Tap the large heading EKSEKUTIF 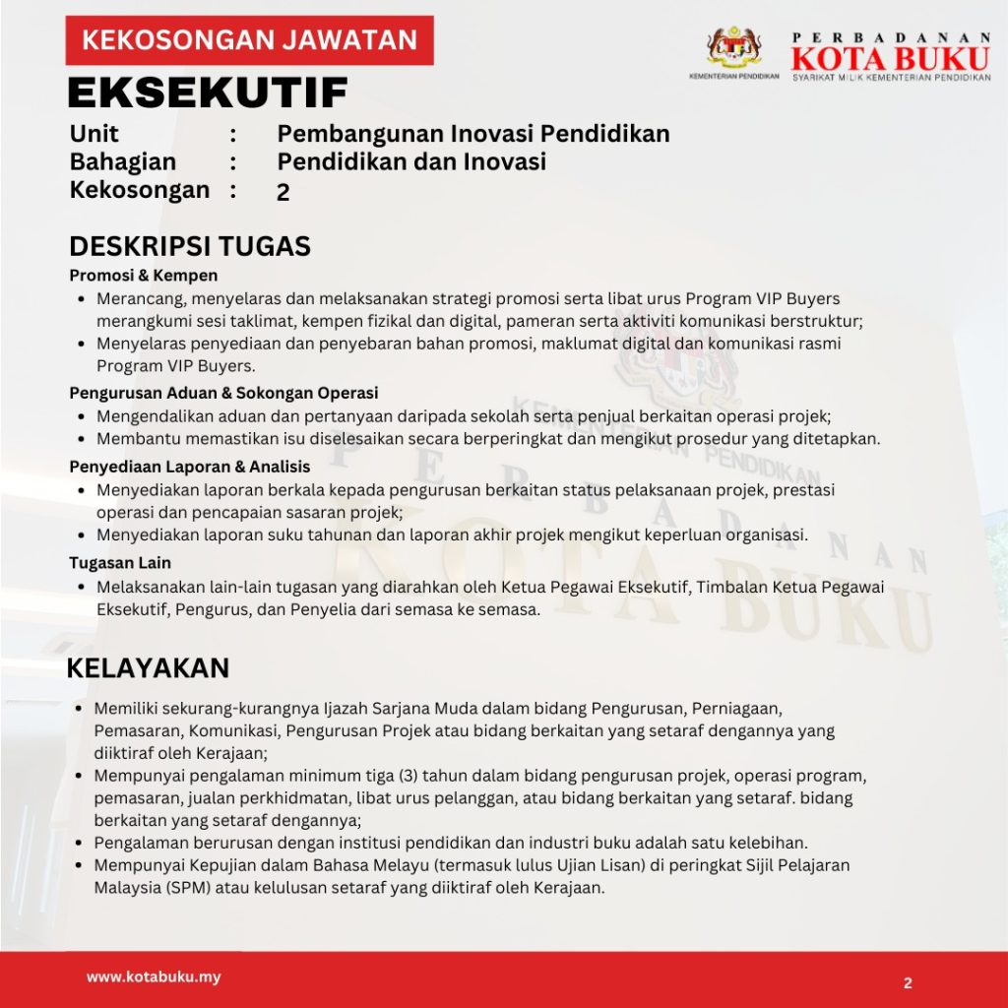click(208, 93)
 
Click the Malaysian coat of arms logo click(734, 46)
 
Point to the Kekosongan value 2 click(283, 193)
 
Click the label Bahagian click(123, 161)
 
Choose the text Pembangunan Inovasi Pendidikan click(473, 133)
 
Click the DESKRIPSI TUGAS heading click(190, 245)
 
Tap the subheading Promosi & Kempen click(144, 276)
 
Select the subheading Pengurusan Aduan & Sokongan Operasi click(223, 393)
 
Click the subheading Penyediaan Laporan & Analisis click(190, 467)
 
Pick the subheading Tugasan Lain click(120, 563)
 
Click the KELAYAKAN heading click(148, 667)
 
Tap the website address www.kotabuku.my click(154, 977)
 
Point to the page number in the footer click(908, 982)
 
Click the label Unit click(94, 133)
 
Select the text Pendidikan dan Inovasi click(411, 161)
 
